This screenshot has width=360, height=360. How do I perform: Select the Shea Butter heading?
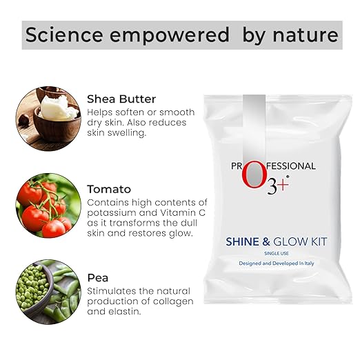point(121,99)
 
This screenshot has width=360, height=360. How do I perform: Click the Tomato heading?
point(109,189)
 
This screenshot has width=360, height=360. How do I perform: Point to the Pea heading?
point(97,278)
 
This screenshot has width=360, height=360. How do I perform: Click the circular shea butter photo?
point(47,114)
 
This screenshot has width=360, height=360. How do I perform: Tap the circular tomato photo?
point(47,205)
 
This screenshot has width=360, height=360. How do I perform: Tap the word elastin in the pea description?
point(124,312)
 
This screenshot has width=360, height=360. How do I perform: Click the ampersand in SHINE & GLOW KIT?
point(266,241)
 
